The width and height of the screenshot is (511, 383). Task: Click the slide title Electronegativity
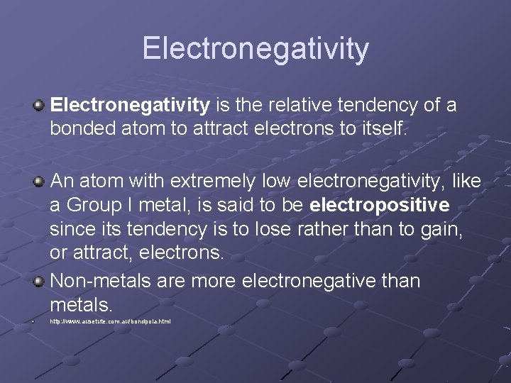click(255, 48)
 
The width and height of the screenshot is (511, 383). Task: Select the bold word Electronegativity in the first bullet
click(130, 106)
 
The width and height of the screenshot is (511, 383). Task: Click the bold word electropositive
click(380, 206)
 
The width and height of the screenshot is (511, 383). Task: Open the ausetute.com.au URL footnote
click(110, 322)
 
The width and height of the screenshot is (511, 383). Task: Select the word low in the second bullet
click(275, 182)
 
